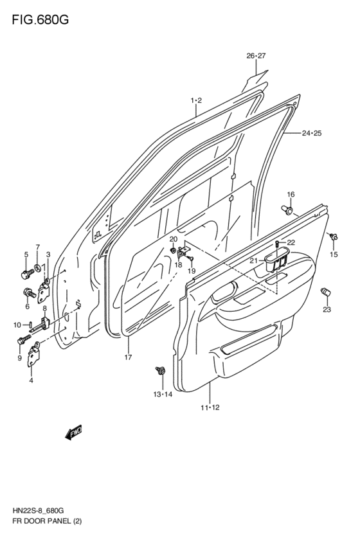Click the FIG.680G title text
coord(40,20)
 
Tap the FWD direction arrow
coord(73,433)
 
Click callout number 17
coord(128,357)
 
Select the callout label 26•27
coord(256,56)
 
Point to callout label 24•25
coord(312,133)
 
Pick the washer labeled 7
coord(37,268)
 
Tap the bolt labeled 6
coord(29,292)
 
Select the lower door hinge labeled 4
coord(34,354)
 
